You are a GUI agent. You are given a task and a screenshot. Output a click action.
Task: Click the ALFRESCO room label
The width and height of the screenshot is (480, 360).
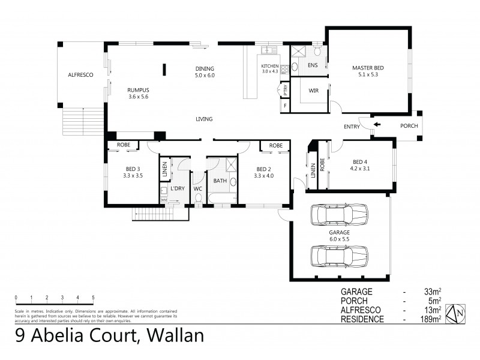click(x=79, y=76)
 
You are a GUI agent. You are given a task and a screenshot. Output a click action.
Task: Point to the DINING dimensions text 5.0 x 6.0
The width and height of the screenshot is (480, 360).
click(x=204, y=76)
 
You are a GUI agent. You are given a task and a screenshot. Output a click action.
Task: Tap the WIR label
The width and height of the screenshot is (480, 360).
click(x=313, y=91)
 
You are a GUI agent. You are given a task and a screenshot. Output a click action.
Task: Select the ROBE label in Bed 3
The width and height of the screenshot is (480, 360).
click(x=123, y=145)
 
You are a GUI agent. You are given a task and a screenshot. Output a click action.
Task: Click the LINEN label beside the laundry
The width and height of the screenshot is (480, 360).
click(x=163, y=171)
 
